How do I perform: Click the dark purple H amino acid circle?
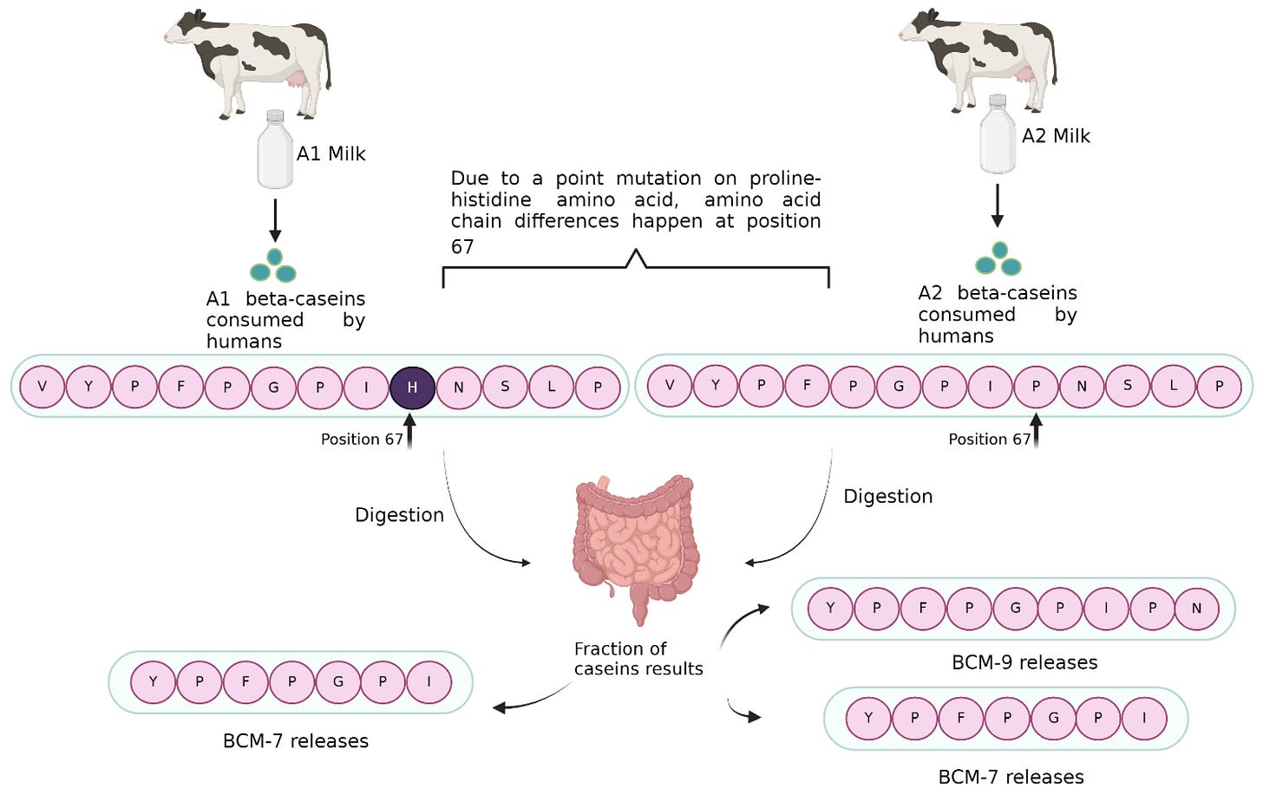[412, 387]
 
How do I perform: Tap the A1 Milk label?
[330, 153]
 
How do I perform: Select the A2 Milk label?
[1056, 135]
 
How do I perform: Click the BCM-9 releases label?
[1024, 662]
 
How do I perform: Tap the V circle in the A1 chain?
[43, 387]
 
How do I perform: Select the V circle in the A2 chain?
[669, 385]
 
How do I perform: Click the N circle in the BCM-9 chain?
[1196, 609]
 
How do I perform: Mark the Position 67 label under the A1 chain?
[362, 440]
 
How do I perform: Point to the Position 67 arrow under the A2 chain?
[1036, 431]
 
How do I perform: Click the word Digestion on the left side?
[399, 515]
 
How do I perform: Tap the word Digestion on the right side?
[888, 496]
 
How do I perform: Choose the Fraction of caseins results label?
[638, 659]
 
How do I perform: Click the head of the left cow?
[183, 29]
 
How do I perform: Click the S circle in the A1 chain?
[505, 387]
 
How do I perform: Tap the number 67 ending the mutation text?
[462, 247]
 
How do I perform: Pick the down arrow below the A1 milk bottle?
[275, 221]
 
